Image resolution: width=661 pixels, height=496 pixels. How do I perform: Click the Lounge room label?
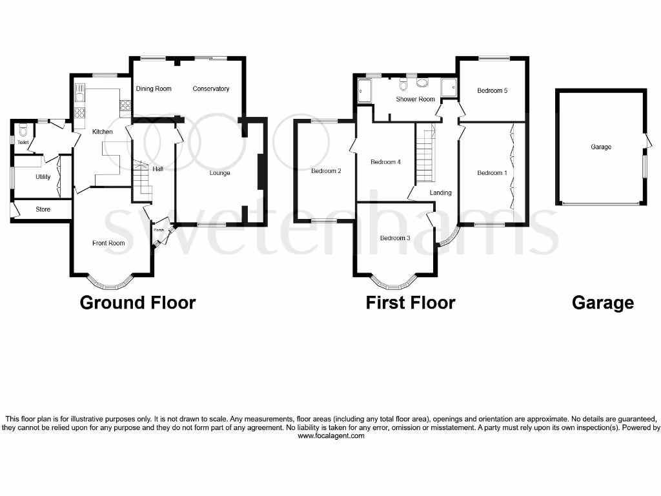pos(219,173)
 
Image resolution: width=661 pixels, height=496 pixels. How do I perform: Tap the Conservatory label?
pos(211,88)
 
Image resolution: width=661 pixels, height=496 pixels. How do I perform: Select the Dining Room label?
pos(154,88)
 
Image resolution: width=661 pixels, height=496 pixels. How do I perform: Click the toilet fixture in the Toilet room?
pos(24,128)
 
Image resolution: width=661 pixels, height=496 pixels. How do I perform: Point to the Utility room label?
pos(25,176)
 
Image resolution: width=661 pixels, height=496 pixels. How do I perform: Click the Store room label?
pos(43,209)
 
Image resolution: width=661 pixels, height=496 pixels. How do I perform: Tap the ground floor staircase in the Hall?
pos(141,181)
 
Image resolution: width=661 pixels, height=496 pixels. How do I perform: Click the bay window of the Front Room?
pos(111,282)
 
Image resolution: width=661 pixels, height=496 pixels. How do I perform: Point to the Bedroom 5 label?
pos(492,91)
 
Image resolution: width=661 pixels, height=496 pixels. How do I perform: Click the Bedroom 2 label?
pos(325,171)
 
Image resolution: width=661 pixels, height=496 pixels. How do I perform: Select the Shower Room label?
pos(415,99)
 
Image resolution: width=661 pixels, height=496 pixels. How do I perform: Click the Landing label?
pos(441,192)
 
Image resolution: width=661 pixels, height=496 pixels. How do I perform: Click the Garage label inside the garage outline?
pos(600,147)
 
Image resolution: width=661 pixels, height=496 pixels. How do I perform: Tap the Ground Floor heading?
pos(137,302)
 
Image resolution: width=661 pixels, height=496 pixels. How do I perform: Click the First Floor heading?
pos(411,302)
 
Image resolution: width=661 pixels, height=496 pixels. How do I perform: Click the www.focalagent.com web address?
pos(331,436)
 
